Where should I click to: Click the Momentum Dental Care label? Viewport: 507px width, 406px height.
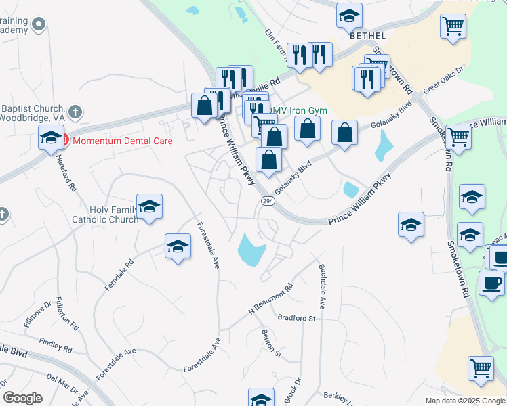point(122,141)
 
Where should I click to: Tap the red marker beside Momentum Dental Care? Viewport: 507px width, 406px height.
point(64,141)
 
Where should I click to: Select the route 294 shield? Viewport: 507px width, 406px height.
point(267,202)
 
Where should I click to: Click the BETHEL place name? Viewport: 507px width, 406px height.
point(368,36)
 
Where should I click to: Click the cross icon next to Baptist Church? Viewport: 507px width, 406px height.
point(75,110)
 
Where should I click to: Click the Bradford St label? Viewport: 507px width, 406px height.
point(297,317)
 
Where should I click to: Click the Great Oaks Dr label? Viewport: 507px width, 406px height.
point(443,80)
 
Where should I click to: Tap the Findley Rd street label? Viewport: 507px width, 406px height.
point(56,345)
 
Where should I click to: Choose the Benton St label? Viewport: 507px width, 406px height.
point(271,341)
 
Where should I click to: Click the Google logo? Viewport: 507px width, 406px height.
point(22,398)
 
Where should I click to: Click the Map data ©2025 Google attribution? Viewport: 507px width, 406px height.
point(464,401)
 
